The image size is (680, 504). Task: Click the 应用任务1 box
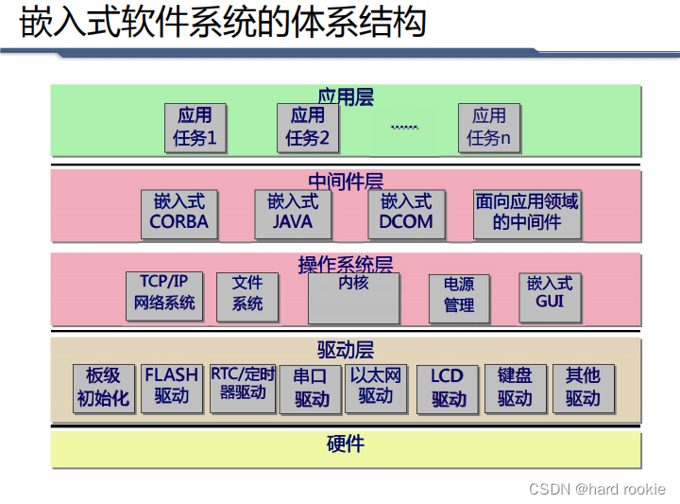(195, 127)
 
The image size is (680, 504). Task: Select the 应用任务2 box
(307, 127)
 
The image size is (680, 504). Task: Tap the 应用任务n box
(488, 127)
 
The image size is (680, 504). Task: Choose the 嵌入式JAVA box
(292, 213)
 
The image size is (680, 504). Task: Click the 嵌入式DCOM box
(405, 213)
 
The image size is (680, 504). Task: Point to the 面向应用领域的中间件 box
(526, 213)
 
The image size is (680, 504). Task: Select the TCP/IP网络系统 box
(164, 294)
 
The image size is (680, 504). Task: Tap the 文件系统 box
(247, 294)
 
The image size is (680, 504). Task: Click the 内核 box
(353, 298)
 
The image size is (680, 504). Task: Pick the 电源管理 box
(459, 296)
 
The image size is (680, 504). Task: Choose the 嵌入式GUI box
(549, 294)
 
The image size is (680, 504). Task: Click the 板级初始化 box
(103, 387)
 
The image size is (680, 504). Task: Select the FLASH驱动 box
(171, 387)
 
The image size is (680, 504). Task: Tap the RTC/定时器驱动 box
(243, 385)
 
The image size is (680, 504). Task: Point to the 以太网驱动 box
(375, 387)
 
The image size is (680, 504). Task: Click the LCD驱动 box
(448, 388)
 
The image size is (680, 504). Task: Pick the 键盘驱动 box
(515, 387)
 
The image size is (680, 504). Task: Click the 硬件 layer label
(345, 444)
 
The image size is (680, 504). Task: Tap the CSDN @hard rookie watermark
(597, 489)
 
